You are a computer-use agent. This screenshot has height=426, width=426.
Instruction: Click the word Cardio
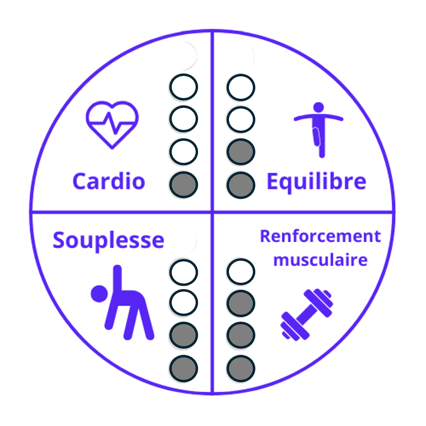click(109, 181)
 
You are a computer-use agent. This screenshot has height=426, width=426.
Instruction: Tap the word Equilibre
click(316, 182)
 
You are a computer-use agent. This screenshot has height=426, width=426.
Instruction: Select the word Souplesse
click(108, 240)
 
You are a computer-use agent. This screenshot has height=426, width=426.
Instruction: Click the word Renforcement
click(320, 236)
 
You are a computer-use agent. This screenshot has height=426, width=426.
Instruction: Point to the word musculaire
click(320, 260)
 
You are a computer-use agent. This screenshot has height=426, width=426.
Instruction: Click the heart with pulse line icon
click(112, 124)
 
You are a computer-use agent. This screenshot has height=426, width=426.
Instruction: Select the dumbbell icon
click(307, 314)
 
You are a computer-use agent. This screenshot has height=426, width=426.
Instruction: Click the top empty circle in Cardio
click(184, 87)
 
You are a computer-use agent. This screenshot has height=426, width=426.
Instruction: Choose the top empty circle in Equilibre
click(241, 87)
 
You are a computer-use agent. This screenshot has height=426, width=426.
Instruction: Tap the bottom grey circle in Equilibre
click(241, 185)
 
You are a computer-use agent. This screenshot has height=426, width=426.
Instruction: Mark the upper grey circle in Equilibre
click(241, 152)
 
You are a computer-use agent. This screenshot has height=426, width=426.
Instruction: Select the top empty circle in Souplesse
click(184, 272)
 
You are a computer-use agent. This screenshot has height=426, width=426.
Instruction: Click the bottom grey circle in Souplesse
click(184, 368)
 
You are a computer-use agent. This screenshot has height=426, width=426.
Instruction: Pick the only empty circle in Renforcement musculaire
click(241, 272)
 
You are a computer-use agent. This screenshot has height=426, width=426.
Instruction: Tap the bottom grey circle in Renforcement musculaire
click(241, 368)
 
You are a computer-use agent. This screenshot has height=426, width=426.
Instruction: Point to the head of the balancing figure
click(318, 107)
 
